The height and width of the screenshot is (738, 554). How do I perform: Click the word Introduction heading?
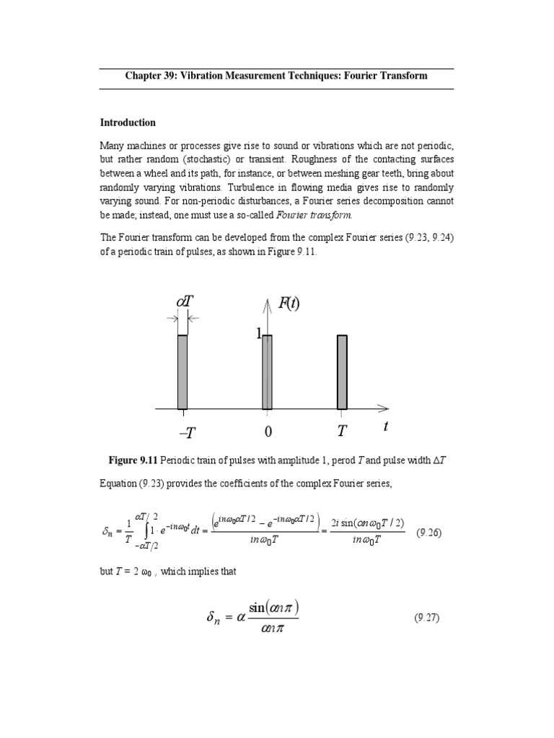(x=128, y=123)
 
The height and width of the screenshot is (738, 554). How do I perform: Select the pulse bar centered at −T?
(x=183, y=372)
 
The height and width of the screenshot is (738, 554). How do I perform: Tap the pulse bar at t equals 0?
(x=267, y=372)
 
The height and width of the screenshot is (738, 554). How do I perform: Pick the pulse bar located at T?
(x=342, y=372)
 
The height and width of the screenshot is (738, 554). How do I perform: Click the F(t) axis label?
(x=289, y=303)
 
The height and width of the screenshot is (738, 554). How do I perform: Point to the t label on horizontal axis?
(x=386, y=427)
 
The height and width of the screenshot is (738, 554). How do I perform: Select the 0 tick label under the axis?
(x=268, y=432)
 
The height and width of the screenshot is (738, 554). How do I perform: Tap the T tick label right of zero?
(x=342, y=432)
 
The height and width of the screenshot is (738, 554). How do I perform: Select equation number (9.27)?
(x=427, y=618)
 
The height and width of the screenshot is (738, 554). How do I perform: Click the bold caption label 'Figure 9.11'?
(x=133, y=460)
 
